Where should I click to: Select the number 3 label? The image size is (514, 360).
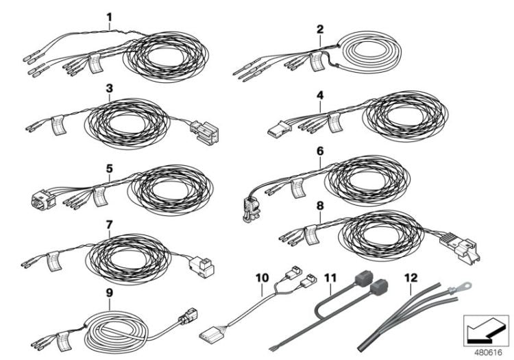108,88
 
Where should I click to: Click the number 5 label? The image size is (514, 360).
108,165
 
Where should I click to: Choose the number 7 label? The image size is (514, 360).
108,224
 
